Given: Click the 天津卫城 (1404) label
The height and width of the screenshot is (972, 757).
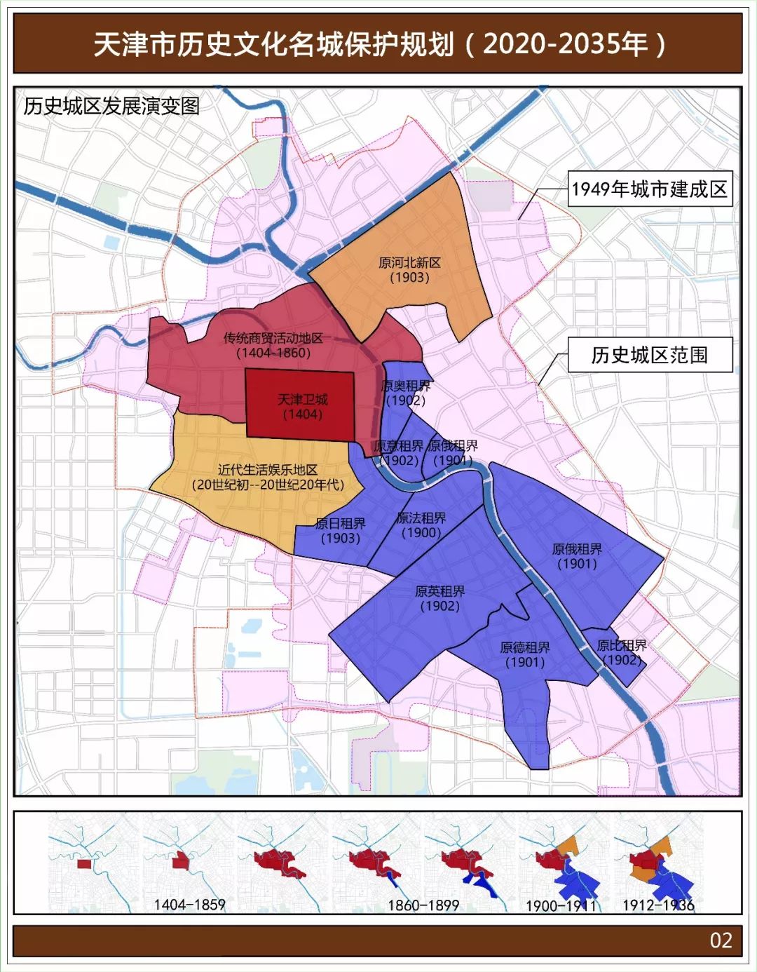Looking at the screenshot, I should pyautogui.click(x=303, y=407).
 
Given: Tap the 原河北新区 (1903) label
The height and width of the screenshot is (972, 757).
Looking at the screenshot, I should pyautogui.click(x=410, y=270).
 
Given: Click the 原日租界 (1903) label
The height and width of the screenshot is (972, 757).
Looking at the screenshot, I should pyautogui.click(x=341, y=531).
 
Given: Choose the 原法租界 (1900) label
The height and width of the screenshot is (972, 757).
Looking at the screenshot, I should pyautogui.click(x=421, y=525).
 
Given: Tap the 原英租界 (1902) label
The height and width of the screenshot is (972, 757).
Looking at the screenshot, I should pyautogui.click(x=440, y=598).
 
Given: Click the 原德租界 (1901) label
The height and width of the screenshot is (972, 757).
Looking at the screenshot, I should pyautogui.click(x=525, y=654).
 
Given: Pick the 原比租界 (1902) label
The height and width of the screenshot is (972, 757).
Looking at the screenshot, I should pyautogui.click(x=622, y=652).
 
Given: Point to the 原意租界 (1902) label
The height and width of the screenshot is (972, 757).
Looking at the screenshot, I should pyautogui.click(x=399, y=453).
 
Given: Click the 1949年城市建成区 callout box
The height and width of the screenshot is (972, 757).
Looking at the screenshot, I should pyautogui.click(x=650, y=189).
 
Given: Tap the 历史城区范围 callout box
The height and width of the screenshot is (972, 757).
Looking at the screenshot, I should pyautogui.click(x=650, y=355).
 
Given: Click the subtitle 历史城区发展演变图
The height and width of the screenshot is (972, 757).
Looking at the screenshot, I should pyautogui.click(x=111, y=106).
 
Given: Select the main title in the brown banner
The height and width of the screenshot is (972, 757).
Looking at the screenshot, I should pyautogui.click(x=378, y=44).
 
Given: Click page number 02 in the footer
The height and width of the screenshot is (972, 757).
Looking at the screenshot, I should pyautogui.click(x=721, y=940).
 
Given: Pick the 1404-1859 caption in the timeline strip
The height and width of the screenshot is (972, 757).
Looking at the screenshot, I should pyautogui.click(x=189, y=905).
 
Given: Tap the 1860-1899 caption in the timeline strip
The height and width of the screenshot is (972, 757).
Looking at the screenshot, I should pyautogui.click(x=423, y=905).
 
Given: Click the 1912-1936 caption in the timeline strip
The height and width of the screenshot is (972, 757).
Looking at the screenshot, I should pyautogui.click(x=658, y=905).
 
